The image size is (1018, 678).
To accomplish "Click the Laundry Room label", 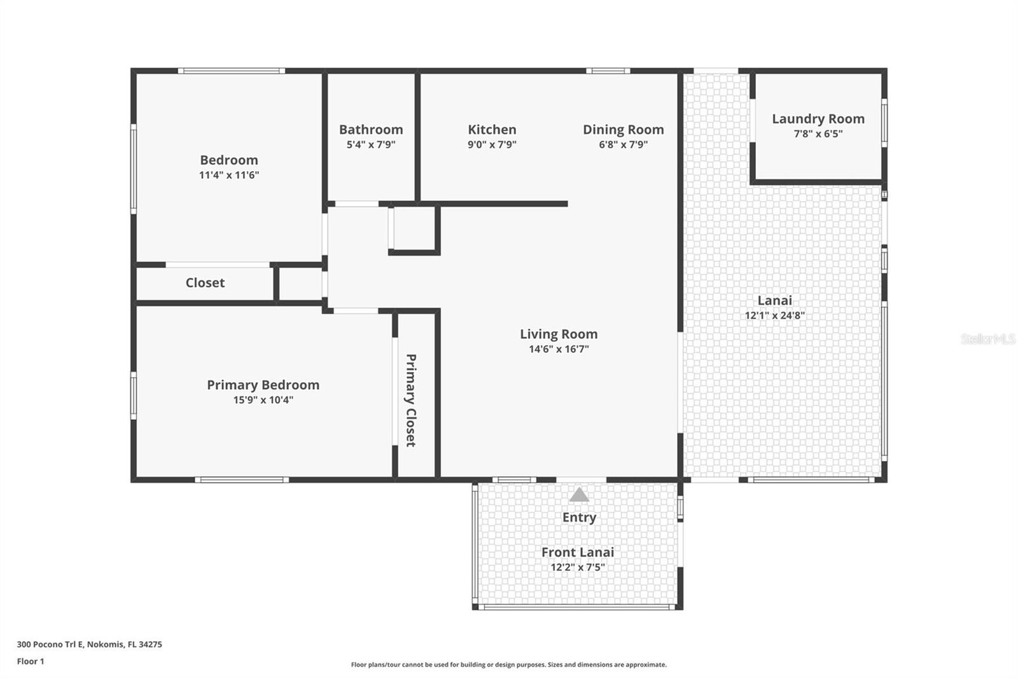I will [x=818, y=119].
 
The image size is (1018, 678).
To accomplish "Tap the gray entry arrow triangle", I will [x=578, y=494].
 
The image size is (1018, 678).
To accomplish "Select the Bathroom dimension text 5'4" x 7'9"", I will [x=371, y=144].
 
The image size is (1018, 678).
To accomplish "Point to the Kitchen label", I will [x=492, y=130].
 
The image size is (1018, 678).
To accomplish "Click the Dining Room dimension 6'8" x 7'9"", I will [x=623, y=144].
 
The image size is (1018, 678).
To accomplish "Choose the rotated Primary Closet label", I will [x=411, y=400].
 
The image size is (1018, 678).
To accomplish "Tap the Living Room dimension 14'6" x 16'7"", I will [x=559, y=349].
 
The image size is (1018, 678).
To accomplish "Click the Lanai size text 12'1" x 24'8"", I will [x=774, y=315].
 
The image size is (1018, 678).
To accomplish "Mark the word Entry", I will [x=579, y=517].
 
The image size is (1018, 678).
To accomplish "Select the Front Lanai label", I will [x=578, y=552].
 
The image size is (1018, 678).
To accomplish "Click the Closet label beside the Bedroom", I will [x=205, y=282].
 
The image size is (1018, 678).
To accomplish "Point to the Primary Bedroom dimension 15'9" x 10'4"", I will [x=263, y=399].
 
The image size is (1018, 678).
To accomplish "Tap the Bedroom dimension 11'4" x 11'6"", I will [x=229, y=175].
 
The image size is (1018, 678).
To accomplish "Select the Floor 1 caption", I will [x=31, y=661].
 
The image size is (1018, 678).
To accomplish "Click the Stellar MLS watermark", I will [x=987, y=339].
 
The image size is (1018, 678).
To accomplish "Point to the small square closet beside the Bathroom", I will [x=414, y=228].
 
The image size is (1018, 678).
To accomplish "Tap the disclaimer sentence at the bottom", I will [x=508, y=665].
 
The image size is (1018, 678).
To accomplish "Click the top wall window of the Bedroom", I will [x=231, y=71].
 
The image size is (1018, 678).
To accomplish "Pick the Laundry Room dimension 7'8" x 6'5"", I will [x=818, y=134].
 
